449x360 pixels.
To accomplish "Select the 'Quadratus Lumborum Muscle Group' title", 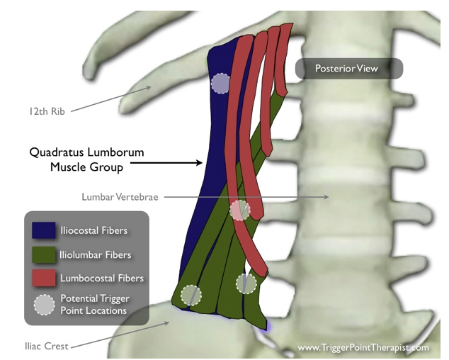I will point(76,159).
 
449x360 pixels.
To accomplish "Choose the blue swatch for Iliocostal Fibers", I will point(43,230).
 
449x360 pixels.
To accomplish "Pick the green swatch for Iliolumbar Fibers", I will point(43,254).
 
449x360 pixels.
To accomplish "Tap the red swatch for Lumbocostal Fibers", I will point(43,278).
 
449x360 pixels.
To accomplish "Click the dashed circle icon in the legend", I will point(43,304).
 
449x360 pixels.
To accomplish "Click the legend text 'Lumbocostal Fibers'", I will point(102,278).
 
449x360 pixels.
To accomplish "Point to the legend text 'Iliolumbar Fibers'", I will point(96,254).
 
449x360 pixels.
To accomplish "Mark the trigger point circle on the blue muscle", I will point(220,84).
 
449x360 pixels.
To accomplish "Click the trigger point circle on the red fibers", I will point(240,210).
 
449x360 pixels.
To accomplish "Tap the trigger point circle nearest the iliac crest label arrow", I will point(190,295).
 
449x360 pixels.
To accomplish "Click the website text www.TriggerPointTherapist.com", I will point(363,347).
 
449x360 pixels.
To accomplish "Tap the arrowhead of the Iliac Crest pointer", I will point(167,322).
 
